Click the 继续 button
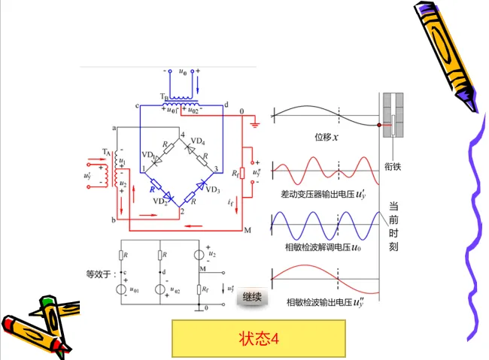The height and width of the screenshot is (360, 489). tap(253, 298)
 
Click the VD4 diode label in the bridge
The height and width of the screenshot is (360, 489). tap(198, 141)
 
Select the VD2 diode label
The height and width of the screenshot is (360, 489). tap(161, 201)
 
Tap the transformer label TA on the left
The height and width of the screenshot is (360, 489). tap(106, 152)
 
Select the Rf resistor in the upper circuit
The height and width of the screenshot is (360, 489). tap(243, 175)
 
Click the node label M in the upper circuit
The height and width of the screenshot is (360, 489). tap(245, 230)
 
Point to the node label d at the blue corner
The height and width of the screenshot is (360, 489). tap(226, 106)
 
